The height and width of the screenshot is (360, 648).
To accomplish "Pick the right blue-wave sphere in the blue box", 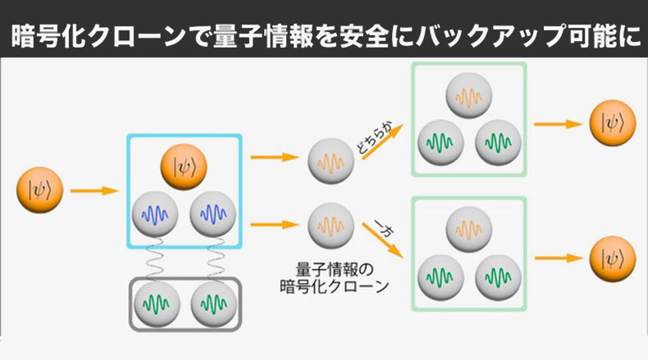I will (x=212, y=215).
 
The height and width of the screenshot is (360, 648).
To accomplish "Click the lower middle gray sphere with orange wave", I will (x=331, y=226).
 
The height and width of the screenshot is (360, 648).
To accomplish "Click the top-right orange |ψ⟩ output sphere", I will (x=612, y=124).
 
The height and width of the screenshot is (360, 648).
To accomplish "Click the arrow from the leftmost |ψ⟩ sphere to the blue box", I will (x=94, y=193).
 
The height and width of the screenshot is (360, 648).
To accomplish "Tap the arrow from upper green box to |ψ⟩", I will (x=558, y=124).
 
